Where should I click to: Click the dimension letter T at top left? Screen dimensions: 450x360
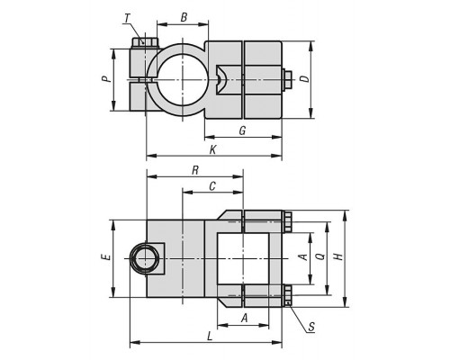[x=127, y=18]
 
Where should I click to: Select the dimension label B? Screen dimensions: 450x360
[x=184, y=17]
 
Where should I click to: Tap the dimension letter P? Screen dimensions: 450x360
[x=106, y=79]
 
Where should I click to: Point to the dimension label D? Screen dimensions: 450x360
[x=304, y=78]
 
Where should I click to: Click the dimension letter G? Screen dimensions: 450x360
[x=242, y=130]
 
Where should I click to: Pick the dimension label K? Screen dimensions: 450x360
[x=212, y=149]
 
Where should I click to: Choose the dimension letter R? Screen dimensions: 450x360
[x=195, y=170]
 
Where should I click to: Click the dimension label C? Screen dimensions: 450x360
[x=212, y=186]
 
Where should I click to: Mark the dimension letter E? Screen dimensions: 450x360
[x=106, y=257]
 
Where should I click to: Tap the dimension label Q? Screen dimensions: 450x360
[x=321, y=256]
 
